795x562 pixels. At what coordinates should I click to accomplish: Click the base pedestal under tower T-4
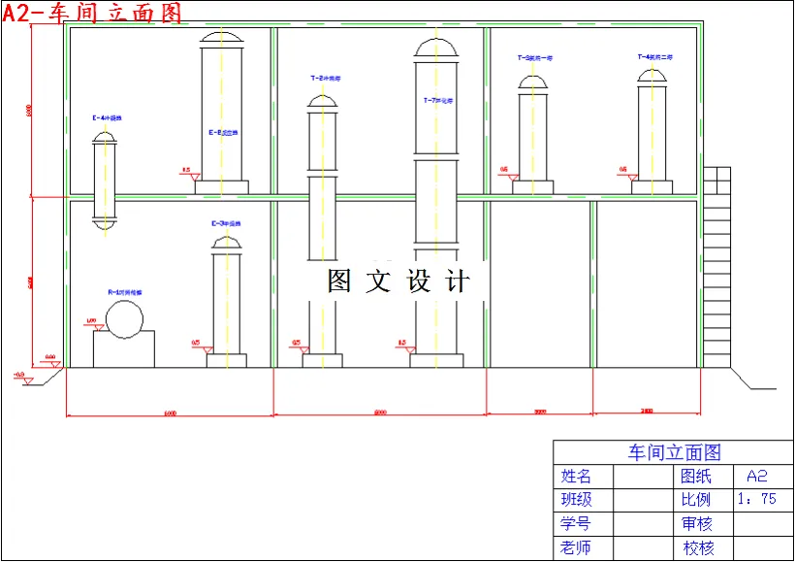click(x=651, y=187)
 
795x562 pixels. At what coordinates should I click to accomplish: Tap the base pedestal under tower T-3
click(x=533, y=187)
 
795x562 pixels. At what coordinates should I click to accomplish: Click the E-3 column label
click(x=226, y=223)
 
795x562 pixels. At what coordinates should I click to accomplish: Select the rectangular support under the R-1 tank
click(x=123, y=349)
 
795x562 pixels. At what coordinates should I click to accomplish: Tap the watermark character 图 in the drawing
click(x=339, y=281)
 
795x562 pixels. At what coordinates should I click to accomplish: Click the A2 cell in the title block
click(x=757, y=477)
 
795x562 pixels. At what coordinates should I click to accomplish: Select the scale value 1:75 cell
click(x=757, y=500)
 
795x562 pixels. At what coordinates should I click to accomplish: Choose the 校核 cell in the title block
click(x=698, y=548)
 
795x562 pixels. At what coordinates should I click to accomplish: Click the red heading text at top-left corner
click(x=91, y=12)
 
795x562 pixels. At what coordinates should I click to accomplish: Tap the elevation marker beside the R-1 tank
click(x=93, y=323)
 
